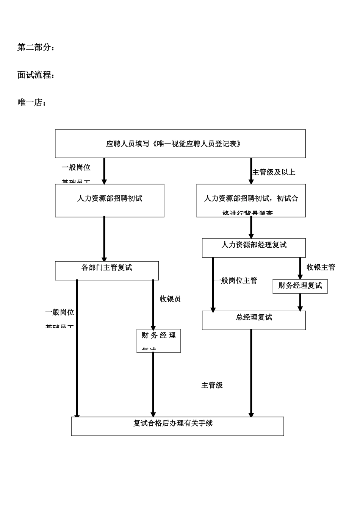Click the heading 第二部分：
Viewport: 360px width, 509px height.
(x=36, y=48)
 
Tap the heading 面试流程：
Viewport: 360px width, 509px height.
(x=36, y=75)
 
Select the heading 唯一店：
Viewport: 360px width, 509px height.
(x=32, y=103)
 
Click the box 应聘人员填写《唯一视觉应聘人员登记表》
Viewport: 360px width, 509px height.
(x=180, y=144)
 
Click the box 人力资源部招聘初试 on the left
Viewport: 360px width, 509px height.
(x=110, y=200)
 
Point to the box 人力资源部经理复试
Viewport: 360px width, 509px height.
(x=254, y=248)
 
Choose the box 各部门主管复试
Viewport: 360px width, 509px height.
(x=107, y=270)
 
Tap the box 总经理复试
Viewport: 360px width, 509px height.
(x=254, y=320)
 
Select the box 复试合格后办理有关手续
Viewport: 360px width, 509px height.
(x=177, y=426)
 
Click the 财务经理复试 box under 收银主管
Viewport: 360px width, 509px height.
(x=300, y=286)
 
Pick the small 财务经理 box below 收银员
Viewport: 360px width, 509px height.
(x=158, y=340)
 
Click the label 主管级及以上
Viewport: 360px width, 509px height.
(x=274, y=172)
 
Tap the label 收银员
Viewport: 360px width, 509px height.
(x=170, y=299)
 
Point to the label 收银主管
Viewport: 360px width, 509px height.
(x=321, y=267)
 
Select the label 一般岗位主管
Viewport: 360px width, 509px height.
(x=236, y=281)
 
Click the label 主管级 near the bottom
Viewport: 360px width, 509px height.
(x=212, y=385)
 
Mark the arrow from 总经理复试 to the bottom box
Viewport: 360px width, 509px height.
(x=251, y=373)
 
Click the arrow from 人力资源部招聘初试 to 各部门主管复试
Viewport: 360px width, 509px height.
(x=104, y=239)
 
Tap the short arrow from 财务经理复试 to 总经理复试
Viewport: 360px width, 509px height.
(x=300, y=302)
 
